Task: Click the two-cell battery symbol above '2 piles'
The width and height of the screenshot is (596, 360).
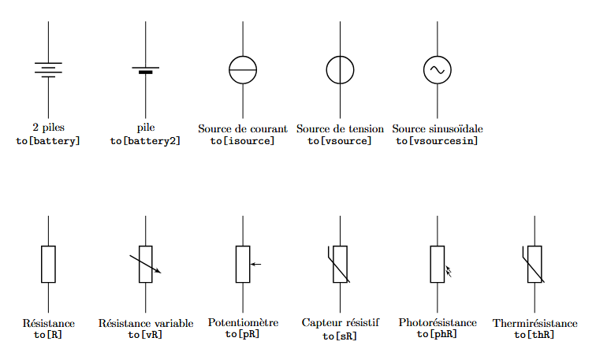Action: click(x=48, y=69)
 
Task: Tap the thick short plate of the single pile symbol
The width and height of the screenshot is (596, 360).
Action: click(x=146, y=72)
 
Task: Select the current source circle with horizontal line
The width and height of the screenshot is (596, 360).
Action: click(x=243, y=70)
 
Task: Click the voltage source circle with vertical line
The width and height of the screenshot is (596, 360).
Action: click(x=341, y=70)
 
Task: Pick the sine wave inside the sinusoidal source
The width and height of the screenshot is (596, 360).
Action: click(x=438, y=70)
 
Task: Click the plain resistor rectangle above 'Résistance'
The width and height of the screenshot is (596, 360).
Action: click(x=48, y=264)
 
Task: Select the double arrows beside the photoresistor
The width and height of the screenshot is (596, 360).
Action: click(x=449, y=271)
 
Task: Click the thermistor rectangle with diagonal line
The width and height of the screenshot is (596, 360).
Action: click(x=535, y=264)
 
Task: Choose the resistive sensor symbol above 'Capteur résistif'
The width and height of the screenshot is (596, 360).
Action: click(x=341, y=264)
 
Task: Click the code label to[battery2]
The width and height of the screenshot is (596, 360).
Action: click(x=145, y=141)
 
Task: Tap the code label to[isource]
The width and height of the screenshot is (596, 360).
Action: click(x=243, y=141)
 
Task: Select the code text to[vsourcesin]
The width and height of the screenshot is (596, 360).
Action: click(x=438, y=141)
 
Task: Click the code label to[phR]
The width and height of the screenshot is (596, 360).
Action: click(x=438, y=334)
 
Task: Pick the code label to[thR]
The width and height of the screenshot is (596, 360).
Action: click(x=535, y=335)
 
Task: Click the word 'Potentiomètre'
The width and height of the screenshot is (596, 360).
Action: click(x=243, y=322)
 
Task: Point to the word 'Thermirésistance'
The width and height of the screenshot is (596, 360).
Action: click(x=535, y=323)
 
